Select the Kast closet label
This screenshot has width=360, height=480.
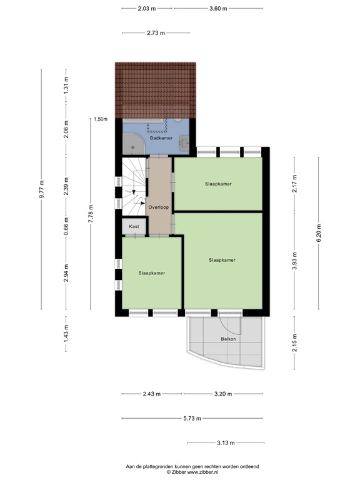(134, 226)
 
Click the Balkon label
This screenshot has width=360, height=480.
(228, 339)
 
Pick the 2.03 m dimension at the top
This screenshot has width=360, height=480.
(147, 9)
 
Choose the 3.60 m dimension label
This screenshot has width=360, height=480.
(218, 9)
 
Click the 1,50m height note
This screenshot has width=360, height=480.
(101, 119)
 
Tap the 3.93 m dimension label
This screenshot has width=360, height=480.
(294, 261)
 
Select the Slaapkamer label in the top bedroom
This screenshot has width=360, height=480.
(218, 184)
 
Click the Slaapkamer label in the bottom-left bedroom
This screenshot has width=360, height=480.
(152, 272)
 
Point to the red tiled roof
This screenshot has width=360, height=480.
(156, 88)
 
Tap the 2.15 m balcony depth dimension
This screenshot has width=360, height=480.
(294, 342)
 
